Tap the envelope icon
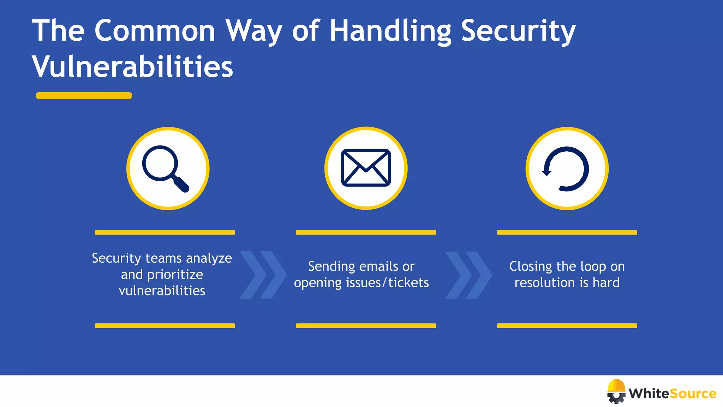pyautogui.click(x=366, y=168)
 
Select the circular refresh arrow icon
pyautogui.click(x=566, y=169)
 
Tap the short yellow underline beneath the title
pyautogui.click(x=84, y=96)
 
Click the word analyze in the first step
pyautogui.click(x=209, y=259)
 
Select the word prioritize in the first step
pyautogui.click(x=175, y=275)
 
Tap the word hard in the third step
pyautogui.click(x=606, y=283)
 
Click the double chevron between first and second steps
pyautogui.click(x=263, y=275)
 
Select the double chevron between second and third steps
pyautogui.click(x=468, y=275)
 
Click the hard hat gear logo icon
pyautogui.click(x=616, y=391)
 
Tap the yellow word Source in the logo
pyautogui.click(x=693, y=394)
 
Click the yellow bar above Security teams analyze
pyautogui.click(x=165, y=232)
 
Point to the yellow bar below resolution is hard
pyautogui.click(x=567, y=326)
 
